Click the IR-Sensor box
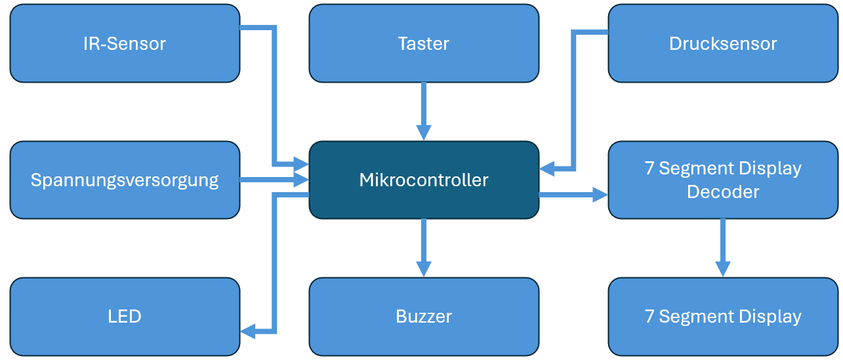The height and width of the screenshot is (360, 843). click(125, 43)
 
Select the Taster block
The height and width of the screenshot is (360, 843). click(424, 43)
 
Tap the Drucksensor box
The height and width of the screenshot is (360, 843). click(723, 43)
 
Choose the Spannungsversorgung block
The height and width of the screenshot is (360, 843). click(125, 180)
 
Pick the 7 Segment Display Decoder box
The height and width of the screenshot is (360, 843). click(723, 180)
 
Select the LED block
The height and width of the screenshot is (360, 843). click(125, 316)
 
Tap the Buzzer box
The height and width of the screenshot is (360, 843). click(424, 316)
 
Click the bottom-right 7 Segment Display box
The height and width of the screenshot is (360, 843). click(723, 316)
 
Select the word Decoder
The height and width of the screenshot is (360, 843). click(723, 191)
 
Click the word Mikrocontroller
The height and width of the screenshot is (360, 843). click(424, 180)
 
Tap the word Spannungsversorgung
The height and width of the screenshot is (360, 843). click(125, 180)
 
